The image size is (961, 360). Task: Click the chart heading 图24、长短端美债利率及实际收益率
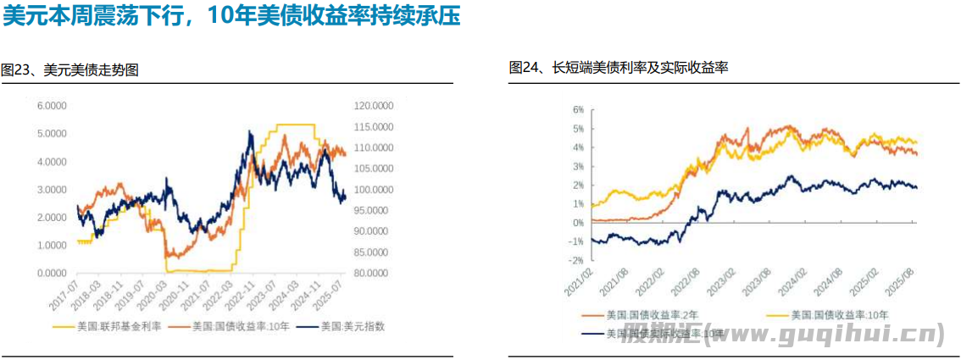coord(619,68)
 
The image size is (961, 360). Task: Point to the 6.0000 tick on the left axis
coord(52,106)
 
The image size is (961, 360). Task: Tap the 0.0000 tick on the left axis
coord(52,273)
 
